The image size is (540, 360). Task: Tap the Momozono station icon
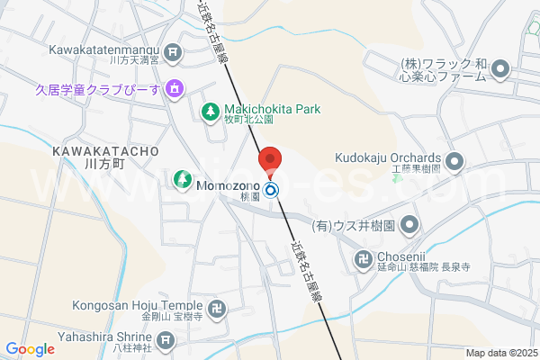pyautogui.click(x=272, y=190)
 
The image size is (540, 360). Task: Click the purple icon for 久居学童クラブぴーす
pyautogui.click(x=175, y=88)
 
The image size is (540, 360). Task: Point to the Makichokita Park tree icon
pyautogui.click(x=210, y=111)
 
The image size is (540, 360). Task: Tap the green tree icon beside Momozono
pyautogui.click(x=181, y=181)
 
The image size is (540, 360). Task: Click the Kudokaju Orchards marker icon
pyautogui.click(x=454, y=161)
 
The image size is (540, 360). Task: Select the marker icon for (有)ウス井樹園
pyautogui.click(x=409, y=223)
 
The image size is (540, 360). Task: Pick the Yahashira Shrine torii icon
pyautogui.click(x=165, y=340)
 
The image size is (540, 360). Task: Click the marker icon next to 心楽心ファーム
pyautogui.click(x=501, y=69)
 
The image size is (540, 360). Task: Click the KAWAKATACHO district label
pyautogui.click(x=106, y=150)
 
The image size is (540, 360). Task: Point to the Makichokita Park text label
pyautogui.click(x=272, y=110)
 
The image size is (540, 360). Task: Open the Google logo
pyautogui.click(x=30, y=349)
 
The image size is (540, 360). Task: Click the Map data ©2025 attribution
pyautogui.click(x=501, y=353)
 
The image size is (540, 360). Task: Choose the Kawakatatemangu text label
pyautogui.click(x=104, y=49)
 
